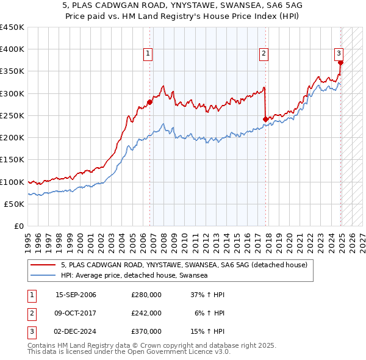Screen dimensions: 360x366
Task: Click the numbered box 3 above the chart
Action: (339, 54)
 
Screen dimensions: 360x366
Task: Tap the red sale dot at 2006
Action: (150, 103)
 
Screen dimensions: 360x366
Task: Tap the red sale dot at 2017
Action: (265, 119)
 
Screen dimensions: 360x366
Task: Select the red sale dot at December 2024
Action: (340, 62)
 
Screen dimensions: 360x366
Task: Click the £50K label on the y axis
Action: (14, 204)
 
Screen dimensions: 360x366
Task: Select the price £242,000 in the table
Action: (146, 313)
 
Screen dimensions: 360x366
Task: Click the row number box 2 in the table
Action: (31, 313)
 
